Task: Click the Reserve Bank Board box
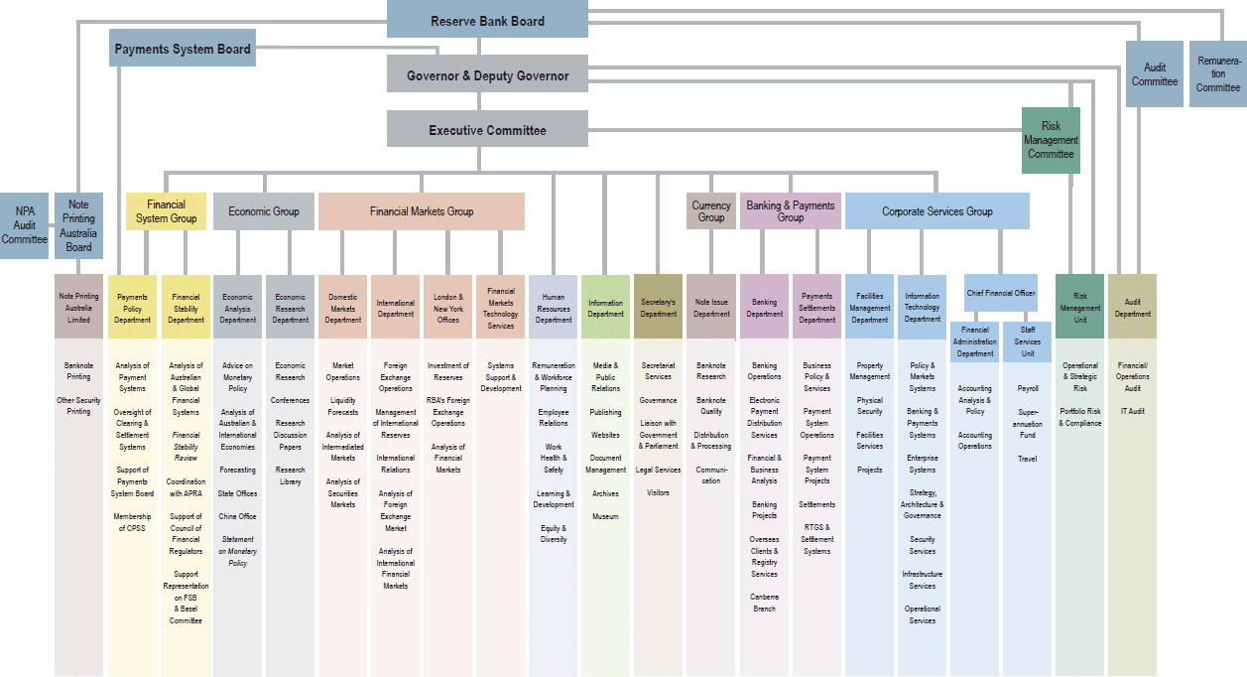tap(487, 20)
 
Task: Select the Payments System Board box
tap(183, 49)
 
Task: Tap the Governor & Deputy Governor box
tap(487, 75)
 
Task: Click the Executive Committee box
tap(487, 130)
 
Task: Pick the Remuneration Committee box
tap(1217, 74)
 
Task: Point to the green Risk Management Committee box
tap(1051, 140)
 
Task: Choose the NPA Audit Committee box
tap(24, 225)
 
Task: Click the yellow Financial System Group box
tap(166, 211)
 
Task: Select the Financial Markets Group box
tap(422, 211)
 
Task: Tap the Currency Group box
tap(710, 211)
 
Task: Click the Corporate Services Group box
tap(936, 211)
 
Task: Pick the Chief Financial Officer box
tap(1001, 293)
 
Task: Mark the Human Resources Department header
tap(554, 308)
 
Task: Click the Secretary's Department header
tap(658, 308)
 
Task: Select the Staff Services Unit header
tap(1027, 341)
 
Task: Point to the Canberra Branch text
tap(764, 603)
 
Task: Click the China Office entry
tap(237, 516)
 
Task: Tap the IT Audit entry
tap(1132, 411)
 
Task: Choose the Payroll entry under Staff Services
tap(1027, 388)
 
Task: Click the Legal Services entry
tap(658, 470)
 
